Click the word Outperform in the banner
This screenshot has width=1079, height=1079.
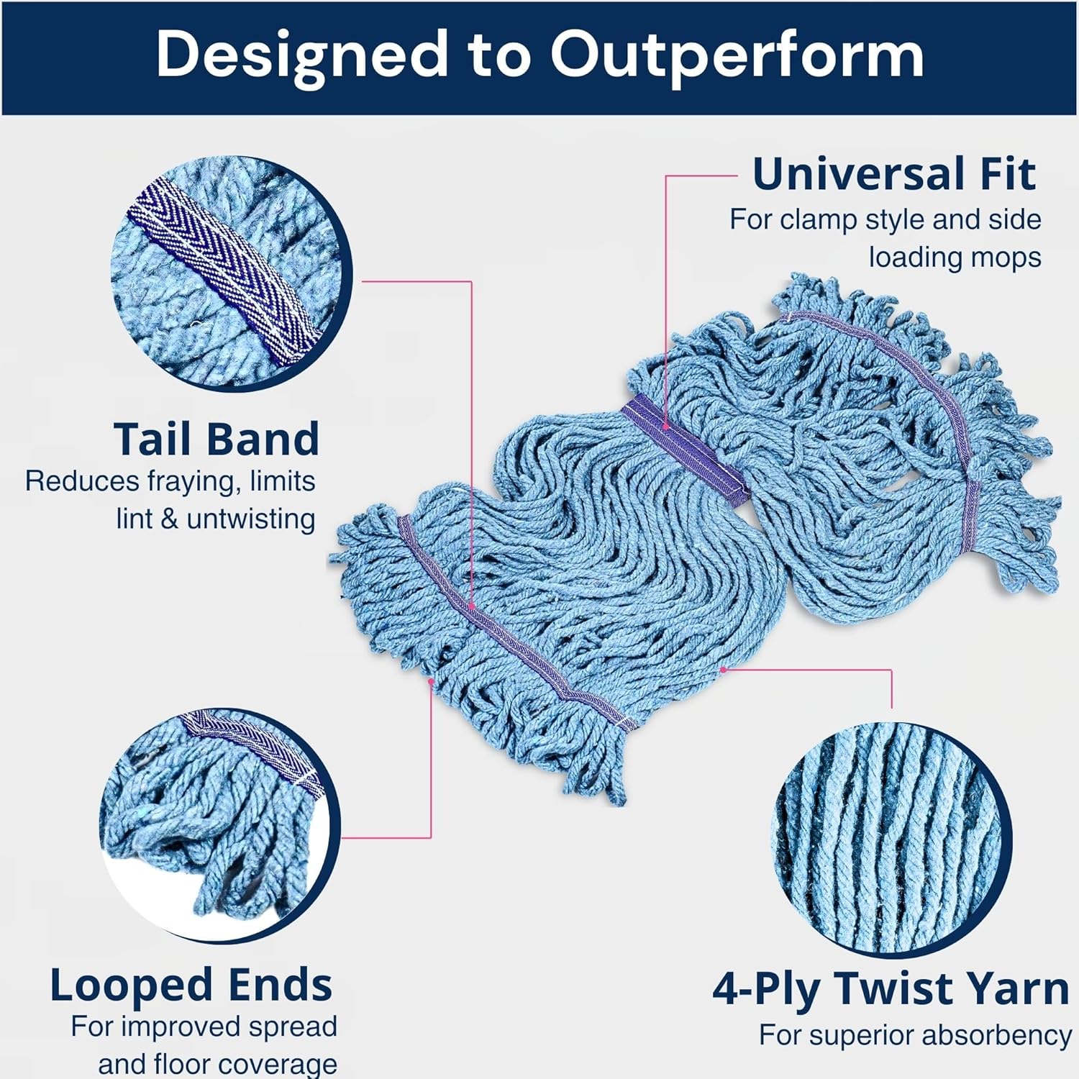coord(737,55)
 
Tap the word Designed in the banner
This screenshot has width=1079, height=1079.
coord(301,55)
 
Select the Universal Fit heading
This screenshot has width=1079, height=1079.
coord(893,174)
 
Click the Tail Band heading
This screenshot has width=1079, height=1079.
coord(216,439)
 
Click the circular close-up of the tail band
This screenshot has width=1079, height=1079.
coord(231,273)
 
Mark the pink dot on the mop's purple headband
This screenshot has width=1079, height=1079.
coord(666,427)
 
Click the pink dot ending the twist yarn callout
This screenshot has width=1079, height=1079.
coord(723,670)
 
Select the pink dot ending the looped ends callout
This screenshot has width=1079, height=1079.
coord(431,680)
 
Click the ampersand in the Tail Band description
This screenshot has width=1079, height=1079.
coord(170,519)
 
